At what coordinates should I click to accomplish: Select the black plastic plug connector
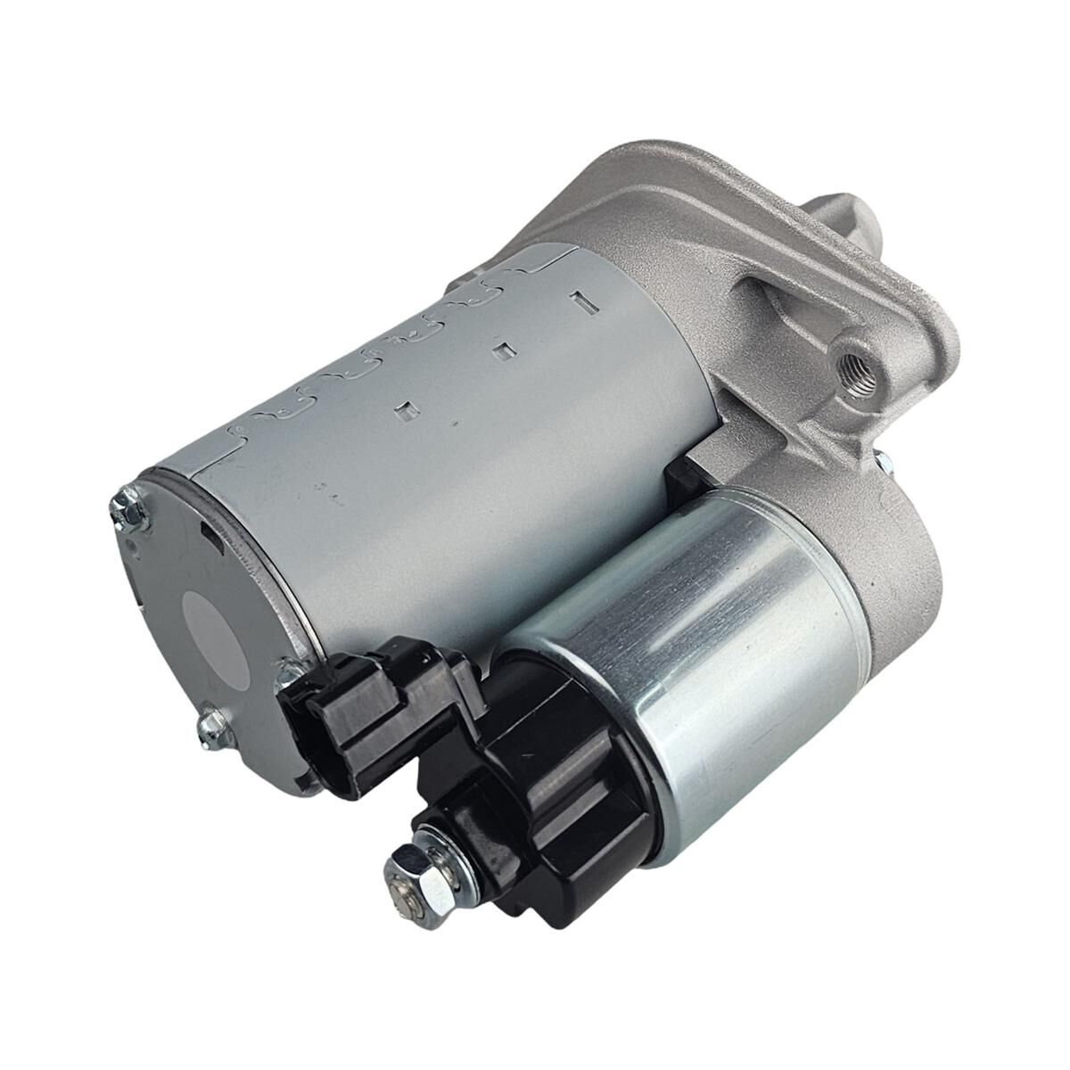[357, 704]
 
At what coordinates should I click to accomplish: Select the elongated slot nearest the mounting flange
[586, 301]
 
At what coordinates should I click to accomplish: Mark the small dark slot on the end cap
[207, 533]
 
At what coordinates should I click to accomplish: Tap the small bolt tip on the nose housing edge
[883, 462]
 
